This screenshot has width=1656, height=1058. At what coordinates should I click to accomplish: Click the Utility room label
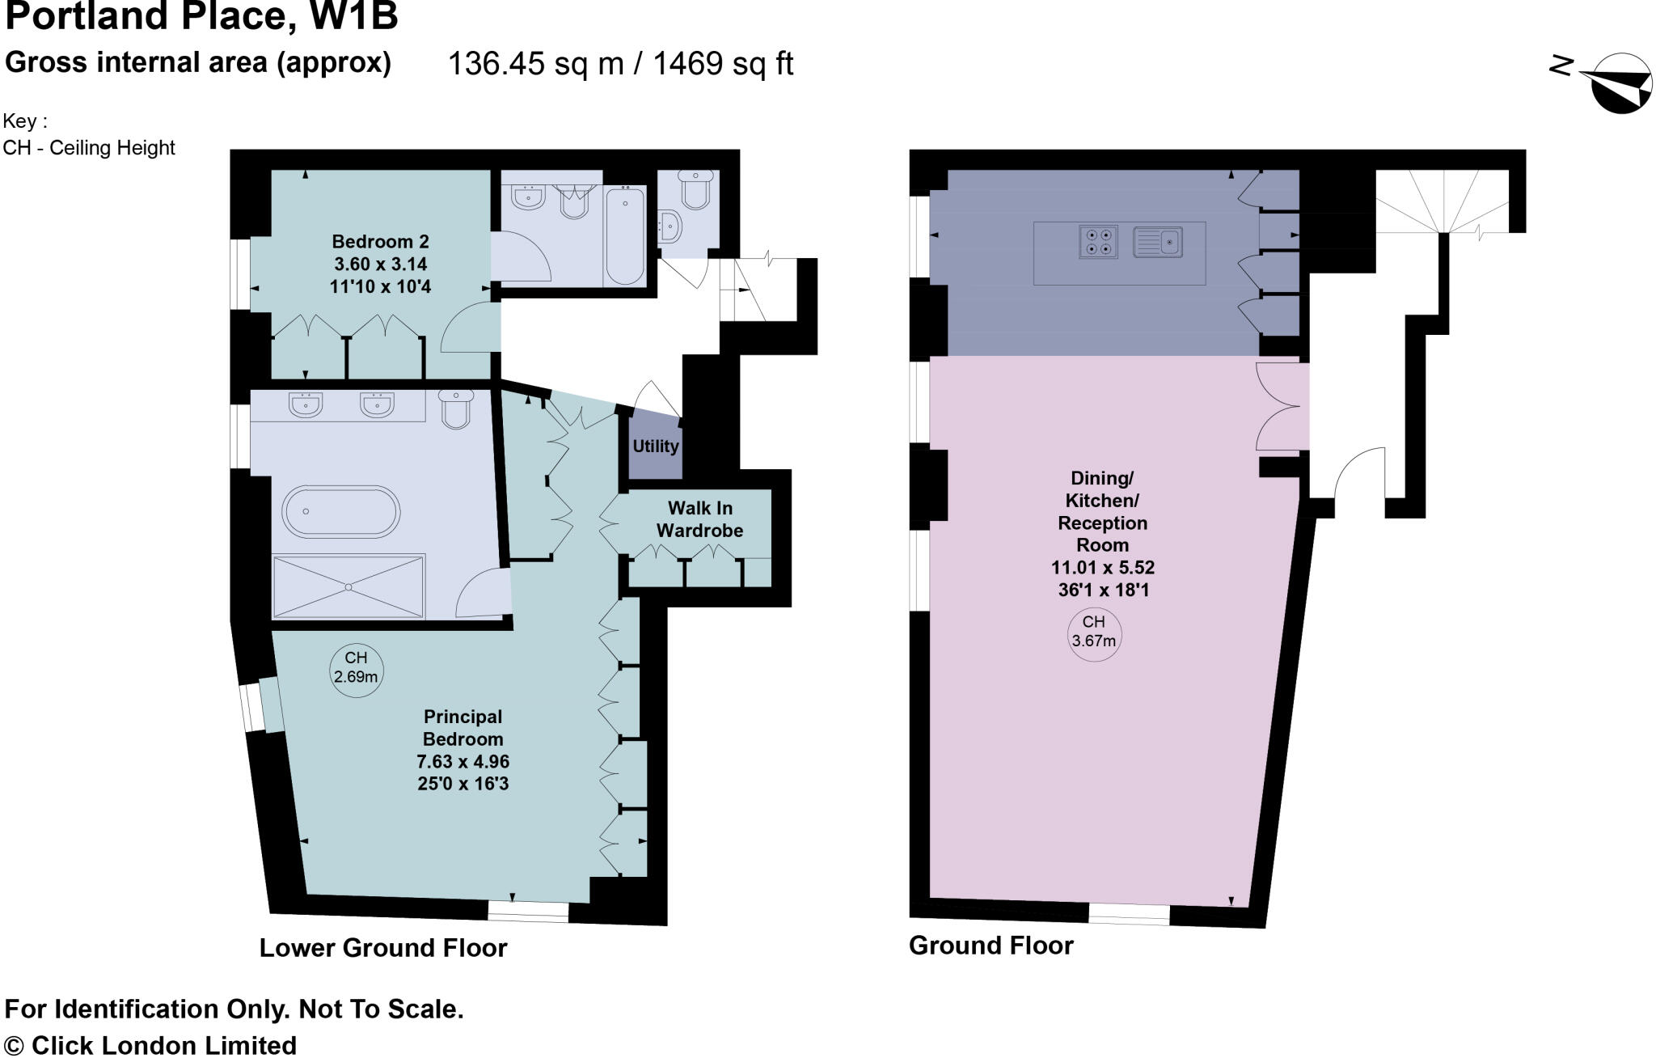click(655, 446)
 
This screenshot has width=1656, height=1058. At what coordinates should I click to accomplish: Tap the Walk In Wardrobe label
click(699, 519)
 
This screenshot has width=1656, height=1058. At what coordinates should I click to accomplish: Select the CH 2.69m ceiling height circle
click(356, 668)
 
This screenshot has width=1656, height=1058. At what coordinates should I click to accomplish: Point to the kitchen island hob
click(1098, 242)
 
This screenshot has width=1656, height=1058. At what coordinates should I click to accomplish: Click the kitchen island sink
click(1158, 242)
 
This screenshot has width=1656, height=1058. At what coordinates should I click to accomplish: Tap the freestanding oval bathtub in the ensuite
click(340, 512)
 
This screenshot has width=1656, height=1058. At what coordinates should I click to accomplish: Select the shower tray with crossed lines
click(349, 586)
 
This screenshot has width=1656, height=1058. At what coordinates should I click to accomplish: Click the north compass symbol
click(1614, 82)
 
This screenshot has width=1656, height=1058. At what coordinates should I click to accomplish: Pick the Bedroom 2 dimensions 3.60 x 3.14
click(380, 264)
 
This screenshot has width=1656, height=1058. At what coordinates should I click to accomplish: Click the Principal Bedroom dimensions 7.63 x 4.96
click(463, 761)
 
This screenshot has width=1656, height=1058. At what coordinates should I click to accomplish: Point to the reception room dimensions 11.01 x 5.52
click(1102, 567)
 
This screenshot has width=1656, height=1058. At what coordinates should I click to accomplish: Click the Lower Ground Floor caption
click(382, 948)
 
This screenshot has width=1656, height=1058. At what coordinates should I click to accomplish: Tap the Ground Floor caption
click(991, 946)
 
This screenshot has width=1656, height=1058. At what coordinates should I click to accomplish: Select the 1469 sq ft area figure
click(723, 63)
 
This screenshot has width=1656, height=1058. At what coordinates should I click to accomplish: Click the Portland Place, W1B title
click(201, 16)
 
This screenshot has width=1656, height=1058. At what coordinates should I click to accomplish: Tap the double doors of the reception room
click(1282, 407)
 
